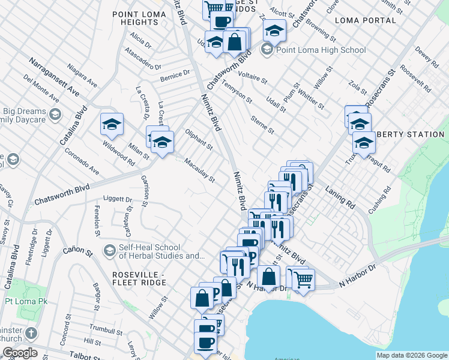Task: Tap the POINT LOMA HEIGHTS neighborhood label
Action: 139,18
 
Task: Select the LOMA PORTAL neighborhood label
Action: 366,20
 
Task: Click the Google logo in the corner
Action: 20,353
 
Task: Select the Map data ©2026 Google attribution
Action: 412,355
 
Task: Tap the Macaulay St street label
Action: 199,170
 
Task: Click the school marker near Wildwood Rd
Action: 112,125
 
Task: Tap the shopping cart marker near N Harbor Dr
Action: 303,278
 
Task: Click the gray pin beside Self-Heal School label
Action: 109,249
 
